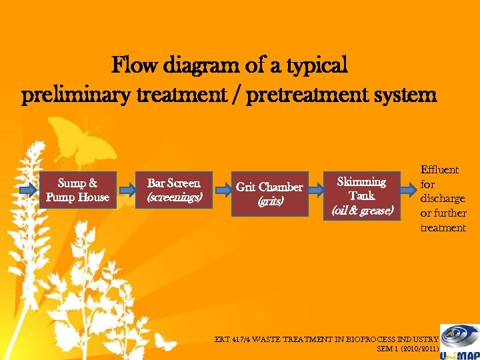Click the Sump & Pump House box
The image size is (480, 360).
tap(77, 189)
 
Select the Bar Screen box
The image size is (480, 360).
tap(173, 189)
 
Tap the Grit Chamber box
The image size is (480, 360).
tap(269, 193)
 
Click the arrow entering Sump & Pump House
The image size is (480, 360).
tap(28, 190)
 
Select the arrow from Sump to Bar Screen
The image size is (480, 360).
tap(125, 190)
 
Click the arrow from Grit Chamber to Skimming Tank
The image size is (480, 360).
tap(317, 190)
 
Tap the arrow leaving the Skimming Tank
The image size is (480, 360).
tap(407, 190)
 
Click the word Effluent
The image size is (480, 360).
tap(439, 170)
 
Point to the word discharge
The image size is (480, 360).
tap(443, 199)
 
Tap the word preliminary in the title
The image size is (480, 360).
tap(64, 95)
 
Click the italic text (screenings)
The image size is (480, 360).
tap(173, 197)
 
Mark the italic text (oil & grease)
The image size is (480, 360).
tap(363, 211)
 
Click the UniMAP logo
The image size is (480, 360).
tap(459, 341)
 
